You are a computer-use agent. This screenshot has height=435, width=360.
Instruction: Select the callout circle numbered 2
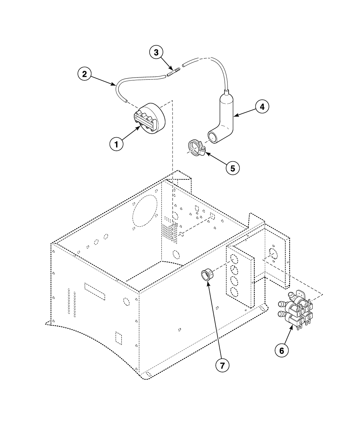84,74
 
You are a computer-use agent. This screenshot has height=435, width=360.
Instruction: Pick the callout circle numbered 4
262,107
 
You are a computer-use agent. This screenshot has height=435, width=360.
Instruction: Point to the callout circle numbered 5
232,168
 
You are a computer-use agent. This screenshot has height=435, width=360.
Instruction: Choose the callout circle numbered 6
281,351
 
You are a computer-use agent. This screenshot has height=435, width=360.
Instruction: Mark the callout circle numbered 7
222,365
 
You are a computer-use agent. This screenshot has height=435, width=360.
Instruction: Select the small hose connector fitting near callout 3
173,72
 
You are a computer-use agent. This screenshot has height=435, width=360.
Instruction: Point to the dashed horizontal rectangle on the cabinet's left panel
95,291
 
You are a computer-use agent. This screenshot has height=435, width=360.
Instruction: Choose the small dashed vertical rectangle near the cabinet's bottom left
118,338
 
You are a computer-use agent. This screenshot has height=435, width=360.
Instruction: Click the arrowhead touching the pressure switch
140,127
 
